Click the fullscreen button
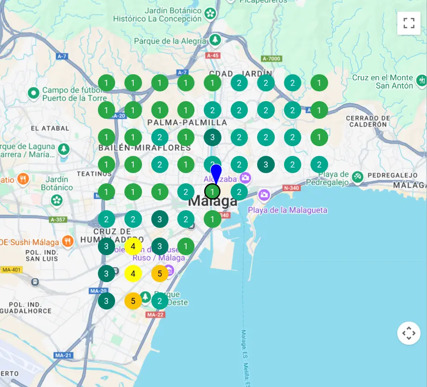[x=408, y=23]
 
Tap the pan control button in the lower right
[x=408, y=333]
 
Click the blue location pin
[x=216, y=174]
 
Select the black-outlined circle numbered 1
[x=213, y=192]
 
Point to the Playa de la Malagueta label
[x=287, y=210]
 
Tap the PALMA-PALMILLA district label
[x=187, y=123]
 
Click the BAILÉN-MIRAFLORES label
[x=144, y=148]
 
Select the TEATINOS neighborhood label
[x=94, y=174]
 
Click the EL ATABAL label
[x=50, y=128]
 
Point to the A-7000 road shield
[x=272, y=58]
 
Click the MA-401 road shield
[x=12, y=270]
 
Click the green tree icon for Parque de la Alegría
[x=214, y=40]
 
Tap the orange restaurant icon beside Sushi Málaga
[x=68, y=241]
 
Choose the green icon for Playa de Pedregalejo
[x=357, y=176]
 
